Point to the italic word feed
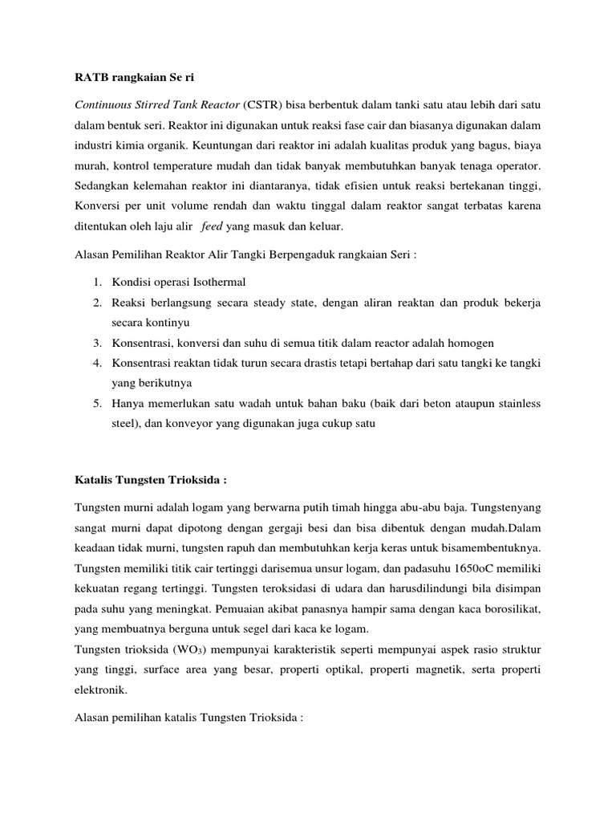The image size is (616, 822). click(213, 227)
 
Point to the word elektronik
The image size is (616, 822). click(101, 688)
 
